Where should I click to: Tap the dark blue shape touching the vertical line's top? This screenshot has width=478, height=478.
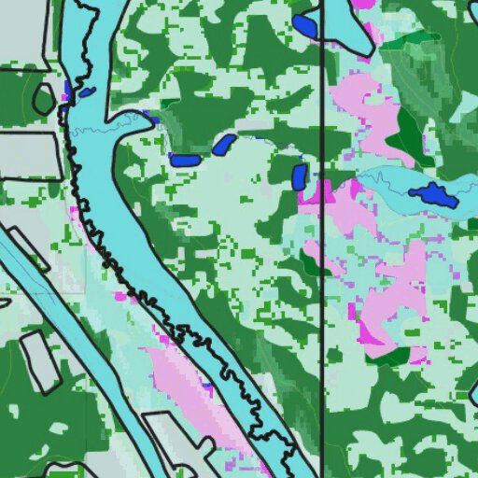pyautogui.click(x=305, y=26)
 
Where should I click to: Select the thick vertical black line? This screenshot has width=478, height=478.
pyautogui.click(x=322, y=280)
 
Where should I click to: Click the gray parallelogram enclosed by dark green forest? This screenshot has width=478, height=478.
pyautogui.click(x=39, y=361)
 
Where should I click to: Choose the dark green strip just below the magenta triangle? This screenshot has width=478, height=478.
pyautogui.click(x=392, y=357)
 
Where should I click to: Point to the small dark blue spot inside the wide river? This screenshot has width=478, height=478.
pyautogui.click(x=86, y=92)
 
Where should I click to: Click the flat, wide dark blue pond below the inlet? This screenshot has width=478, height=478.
pyautogui.click(x=185, y=161)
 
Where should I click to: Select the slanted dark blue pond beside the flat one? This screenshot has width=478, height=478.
pyautogui.click(x=224, y=145)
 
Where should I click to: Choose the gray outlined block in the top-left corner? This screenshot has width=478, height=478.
pyautogui.click(x=23, y=33)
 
